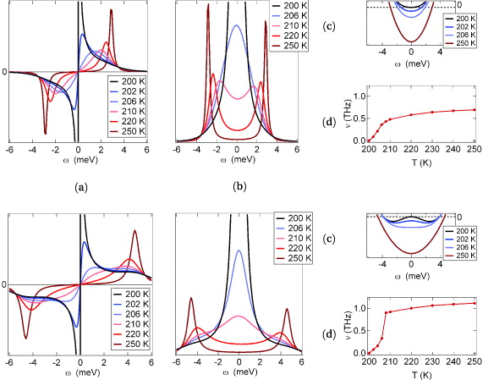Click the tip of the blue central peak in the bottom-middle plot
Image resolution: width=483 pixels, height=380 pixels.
click(x=239, y=251)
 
